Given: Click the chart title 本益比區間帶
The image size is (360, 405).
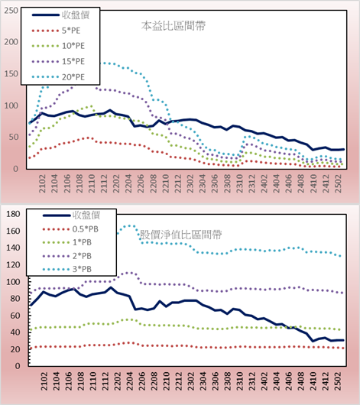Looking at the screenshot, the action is tap(174, 26).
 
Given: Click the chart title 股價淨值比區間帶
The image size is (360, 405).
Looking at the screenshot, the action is tap(180, 235).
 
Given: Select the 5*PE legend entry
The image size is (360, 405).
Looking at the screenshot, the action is tap(56, 31).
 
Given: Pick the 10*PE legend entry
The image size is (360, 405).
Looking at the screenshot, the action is tap(58, 46).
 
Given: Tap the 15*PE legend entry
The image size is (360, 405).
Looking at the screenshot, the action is tap(58, 61).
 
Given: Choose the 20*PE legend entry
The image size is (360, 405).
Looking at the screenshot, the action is tap(58, 77).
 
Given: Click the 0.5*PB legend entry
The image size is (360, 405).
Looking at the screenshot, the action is tap(70, 229).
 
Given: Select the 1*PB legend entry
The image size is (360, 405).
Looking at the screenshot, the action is tap(67, 242).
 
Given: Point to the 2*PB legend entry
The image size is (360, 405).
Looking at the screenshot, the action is tap(67, 256).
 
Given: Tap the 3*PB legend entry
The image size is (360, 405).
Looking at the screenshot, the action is tap(67, 270).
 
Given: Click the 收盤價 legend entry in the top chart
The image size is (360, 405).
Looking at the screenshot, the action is tap(60, 15).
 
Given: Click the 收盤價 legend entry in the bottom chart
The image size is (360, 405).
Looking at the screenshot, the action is tap(71, 215).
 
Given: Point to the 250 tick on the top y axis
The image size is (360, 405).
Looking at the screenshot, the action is tap(11, 11).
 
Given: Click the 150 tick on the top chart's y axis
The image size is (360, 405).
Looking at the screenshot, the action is tap(11, 74).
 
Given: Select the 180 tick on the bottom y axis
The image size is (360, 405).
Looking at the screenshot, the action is tap(13, 214).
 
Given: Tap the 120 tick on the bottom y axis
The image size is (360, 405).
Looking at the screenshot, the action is tap(13, 264).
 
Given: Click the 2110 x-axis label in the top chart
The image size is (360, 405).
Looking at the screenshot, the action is tap(92, 183).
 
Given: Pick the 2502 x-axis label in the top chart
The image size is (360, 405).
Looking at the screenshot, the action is tap(339, 183).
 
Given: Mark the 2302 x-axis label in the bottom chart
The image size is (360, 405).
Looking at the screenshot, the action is tap(191, 381).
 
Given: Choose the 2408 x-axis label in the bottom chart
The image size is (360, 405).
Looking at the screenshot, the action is tap(301, 381).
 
